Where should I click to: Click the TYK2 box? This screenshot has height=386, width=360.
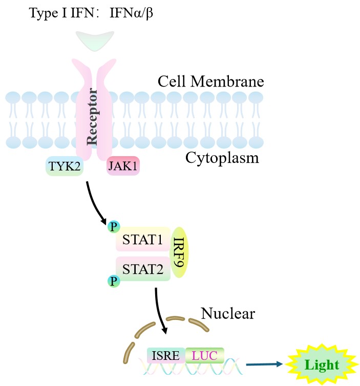65,166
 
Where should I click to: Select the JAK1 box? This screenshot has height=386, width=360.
123,166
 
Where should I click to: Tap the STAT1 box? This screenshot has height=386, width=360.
143,240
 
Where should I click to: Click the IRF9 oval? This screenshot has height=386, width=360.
179,253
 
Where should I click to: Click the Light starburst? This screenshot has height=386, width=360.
322,364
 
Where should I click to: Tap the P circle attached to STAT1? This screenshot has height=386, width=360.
113,226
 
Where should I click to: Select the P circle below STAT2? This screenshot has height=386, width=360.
113,281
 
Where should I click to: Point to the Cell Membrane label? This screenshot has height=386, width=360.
210,81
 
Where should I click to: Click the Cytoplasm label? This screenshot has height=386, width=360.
222,158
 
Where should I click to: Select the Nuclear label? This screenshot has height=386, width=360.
228,312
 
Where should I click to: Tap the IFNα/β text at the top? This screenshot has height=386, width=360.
131,12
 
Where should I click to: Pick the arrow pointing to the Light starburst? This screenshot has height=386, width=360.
264,364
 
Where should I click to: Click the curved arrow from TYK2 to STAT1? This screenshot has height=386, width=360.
95,202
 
